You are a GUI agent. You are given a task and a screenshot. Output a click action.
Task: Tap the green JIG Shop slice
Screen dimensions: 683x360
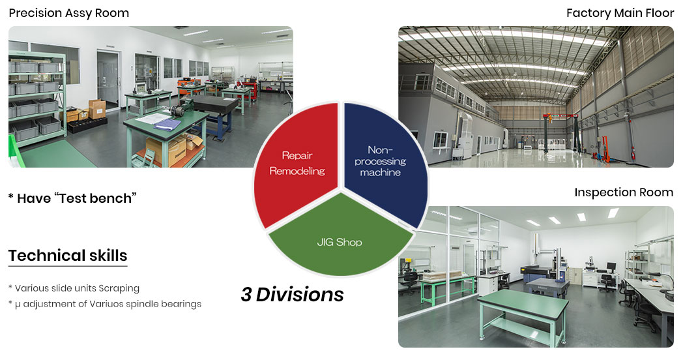click(x=340, y=237)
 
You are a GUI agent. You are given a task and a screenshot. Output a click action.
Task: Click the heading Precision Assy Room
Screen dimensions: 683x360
click(x=69, y=13)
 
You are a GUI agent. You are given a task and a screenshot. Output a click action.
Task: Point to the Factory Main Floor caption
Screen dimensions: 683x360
click(x=620, y=13)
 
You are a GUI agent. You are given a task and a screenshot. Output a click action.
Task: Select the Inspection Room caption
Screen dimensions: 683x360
click(x=624, y=192)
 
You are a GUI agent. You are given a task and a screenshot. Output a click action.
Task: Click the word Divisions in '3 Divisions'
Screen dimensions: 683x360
click(x=300, y=295)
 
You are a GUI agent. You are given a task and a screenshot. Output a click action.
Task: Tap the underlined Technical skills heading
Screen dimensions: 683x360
click(x=68, y=256)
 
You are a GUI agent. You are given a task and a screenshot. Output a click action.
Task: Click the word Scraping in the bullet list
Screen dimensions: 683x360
click(x=119, y=288)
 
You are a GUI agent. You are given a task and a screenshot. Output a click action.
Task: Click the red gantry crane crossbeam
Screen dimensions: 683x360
click(x=560, y=116)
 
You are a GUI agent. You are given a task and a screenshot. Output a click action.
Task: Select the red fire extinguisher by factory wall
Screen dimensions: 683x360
click(x=632, y=154)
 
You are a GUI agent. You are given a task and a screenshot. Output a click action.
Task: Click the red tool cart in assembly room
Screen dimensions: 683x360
click(x=250, y=89)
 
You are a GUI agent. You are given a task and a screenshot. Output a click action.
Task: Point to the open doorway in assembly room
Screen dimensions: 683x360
click(x=108, y=81)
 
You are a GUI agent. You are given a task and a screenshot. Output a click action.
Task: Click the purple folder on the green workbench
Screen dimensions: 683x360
click(x=167, y=124)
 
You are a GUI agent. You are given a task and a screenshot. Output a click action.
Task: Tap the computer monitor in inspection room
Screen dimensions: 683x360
click(x=611, y=266)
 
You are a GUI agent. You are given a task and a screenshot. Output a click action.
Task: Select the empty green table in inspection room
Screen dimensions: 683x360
click(x=523, y=313)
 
